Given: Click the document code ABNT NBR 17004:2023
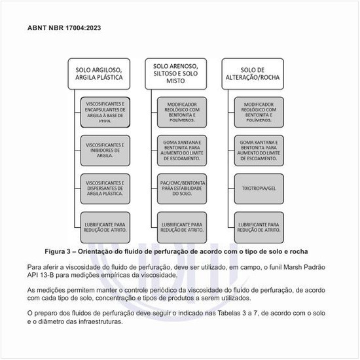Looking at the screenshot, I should point(64,29).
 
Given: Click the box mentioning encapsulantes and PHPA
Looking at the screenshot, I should point(105,112).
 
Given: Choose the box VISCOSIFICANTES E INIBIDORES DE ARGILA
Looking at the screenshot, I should point(105,150).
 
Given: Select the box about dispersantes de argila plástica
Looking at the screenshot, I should point(105,188).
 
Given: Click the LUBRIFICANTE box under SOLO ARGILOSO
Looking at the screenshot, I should point(105,226).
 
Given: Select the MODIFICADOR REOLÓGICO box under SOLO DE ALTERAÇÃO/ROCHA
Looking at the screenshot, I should point(259,112).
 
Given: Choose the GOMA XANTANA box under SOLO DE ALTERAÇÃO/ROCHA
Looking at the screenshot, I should point(259,150).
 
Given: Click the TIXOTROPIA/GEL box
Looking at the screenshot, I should point(259,188).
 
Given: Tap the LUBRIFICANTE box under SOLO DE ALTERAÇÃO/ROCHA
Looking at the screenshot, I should point(259,226).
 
